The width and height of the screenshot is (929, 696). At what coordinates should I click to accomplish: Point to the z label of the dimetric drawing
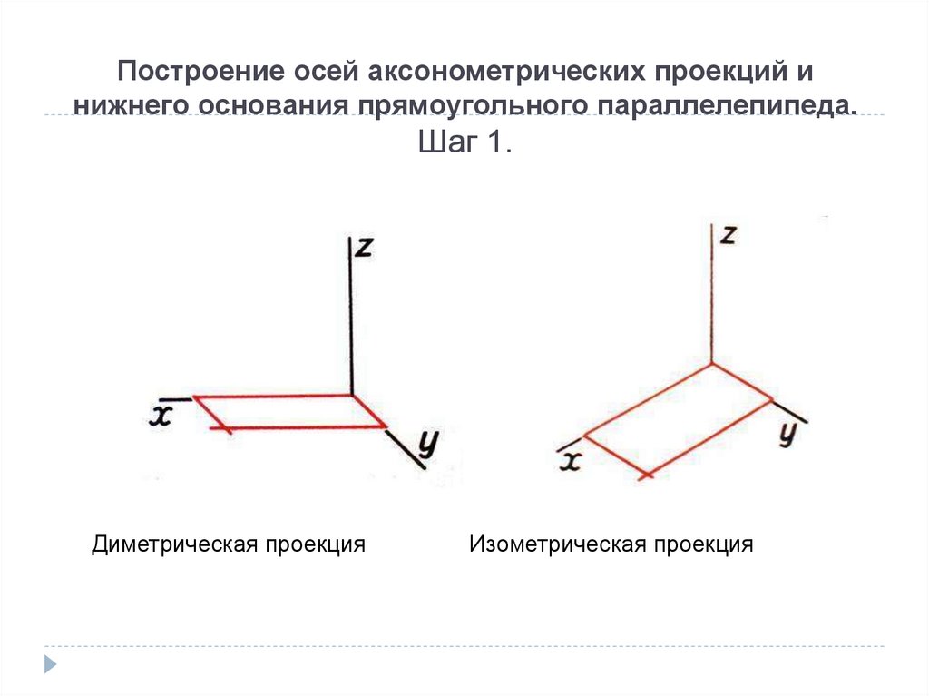point(364,247)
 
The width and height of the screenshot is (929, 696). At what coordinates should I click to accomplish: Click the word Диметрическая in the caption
point(174,544)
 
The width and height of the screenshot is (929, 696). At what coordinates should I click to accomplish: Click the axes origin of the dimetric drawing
point(351,395)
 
